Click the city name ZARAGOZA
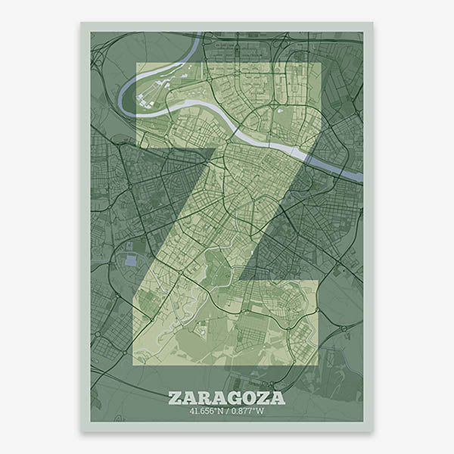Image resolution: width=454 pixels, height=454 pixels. point(226,398)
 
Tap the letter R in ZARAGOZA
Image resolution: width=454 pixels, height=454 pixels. point(204,398)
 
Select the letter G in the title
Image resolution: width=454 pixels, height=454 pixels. point(234,398)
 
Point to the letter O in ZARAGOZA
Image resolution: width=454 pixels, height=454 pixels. point(249,398)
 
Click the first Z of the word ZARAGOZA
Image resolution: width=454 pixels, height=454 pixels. point(175,398)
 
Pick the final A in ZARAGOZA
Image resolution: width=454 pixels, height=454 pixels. point(278,398)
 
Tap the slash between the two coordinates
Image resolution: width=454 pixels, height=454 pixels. point(228,412)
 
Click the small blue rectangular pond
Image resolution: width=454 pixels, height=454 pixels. point(131,260)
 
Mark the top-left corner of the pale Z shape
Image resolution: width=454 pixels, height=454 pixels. point(136,63)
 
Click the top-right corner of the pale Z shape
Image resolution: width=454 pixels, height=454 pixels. point(321,63)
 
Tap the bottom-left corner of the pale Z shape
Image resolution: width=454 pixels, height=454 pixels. point(133,365)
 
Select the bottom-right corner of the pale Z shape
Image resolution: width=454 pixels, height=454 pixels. point(318,365)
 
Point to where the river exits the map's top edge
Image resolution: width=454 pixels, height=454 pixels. point(198,33)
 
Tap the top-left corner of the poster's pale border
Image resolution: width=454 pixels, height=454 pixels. point(81,22)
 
